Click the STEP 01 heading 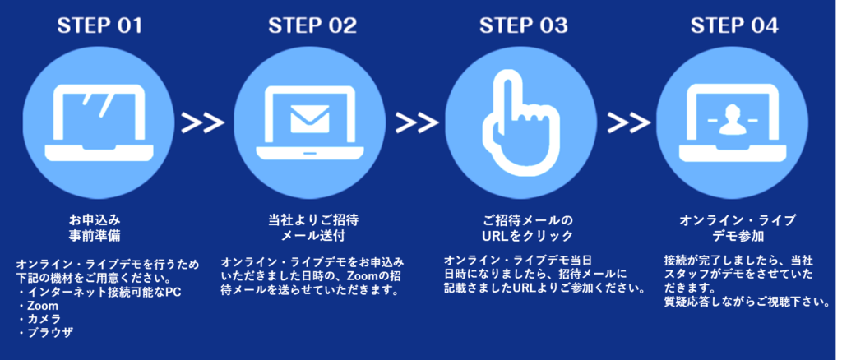coord(99,25)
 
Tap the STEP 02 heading coord(312,25)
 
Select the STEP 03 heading coord(524,25)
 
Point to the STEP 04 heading coord(735,25)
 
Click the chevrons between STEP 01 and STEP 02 coord(203,122)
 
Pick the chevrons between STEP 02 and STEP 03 coord(416,122)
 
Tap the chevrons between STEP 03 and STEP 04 coord(629,122)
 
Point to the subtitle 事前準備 coord(95,236)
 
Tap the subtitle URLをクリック coord(527,236)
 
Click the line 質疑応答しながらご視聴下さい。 coord(745,302)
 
